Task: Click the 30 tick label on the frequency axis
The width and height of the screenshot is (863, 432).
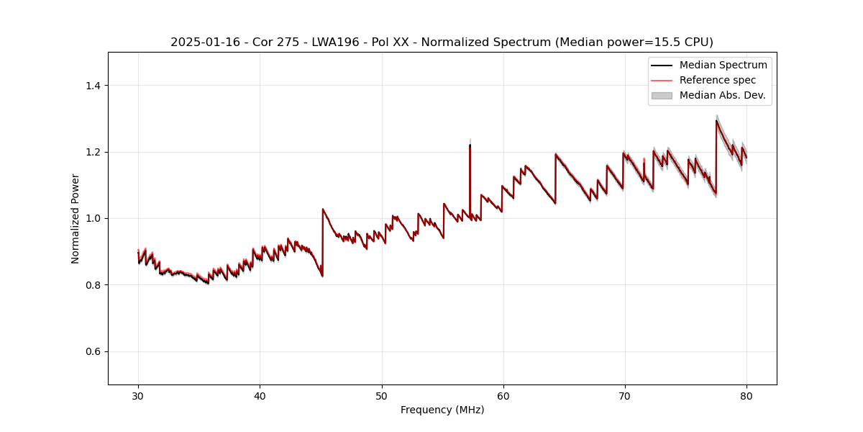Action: (x=138, y=396)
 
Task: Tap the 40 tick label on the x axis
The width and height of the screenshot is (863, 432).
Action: (x=260, y=396)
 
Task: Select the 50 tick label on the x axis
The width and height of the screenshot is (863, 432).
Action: (x=382, y=396)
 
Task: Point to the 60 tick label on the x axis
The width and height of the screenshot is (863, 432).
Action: (x=503, y=396)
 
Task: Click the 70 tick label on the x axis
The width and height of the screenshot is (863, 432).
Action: (x=625, y=396)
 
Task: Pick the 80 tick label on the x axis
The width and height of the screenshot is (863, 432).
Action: (x=746, y=396)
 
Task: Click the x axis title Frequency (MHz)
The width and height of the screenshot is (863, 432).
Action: (x=442, y=410)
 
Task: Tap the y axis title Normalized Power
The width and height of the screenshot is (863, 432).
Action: (x=76, y=218)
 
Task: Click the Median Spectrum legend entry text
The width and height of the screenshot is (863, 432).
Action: (x=723, y=65)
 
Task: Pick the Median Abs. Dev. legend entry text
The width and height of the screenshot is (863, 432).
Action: (x=722, y=95)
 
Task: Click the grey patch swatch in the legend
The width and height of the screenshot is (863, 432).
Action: (x=662, y=95)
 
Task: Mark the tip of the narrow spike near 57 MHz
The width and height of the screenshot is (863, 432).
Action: (x=470, y=144)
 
